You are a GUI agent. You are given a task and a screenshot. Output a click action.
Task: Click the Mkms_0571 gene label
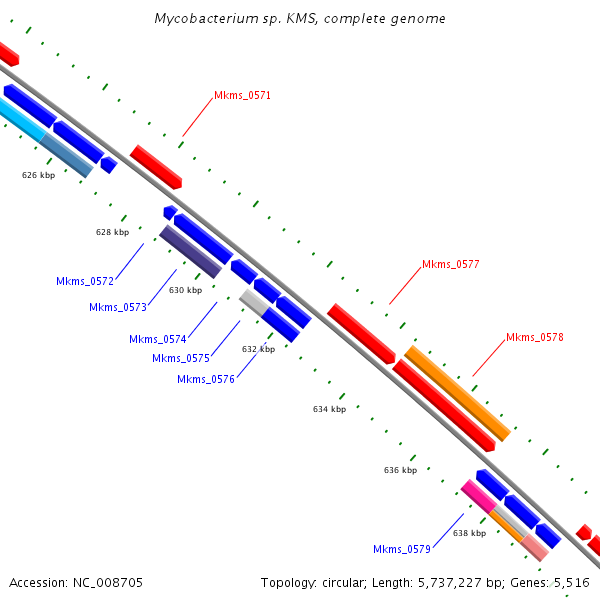pos(242,96)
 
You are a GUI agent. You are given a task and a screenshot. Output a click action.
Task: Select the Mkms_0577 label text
pos(450,265)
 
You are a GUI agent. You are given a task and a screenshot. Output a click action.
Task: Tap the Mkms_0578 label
pos(534,338)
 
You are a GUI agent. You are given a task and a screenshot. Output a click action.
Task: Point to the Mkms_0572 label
pos(85,282)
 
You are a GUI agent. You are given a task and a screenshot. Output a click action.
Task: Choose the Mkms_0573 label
pos(118,308)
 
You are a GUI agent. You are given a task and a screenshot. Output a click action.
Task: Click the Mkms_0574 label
pos(158,340)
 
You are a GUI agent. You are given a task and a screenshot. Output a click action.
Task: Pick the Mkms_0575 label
pos(181,359)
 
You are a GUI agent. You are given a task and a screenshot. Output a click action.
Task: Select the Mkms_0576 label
pos(206,380)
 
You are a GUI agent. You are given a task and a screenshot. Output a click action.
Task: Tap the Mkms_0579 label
pos(402,550)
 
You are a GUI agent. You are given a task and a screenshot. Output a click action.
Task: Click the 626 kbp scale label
pos(38,175)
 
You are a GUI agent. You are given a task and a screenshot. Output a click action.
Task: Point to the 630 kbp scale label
pos(185,291)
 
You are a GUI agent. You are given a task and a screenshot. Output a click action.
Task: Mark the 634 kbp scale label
pos(329,409)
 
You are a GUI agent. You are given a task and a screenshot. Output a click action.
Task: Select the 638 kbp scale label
pos(469,534)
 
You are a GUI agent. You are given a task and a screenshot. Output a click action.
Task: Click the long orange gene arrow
pos(456,393)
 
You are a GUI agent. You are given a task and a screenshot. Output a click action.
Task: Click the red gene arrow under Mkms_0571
pos(155,166)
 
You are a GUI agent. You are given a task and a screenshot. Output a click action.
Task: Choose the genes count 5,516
pos(567,583)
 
